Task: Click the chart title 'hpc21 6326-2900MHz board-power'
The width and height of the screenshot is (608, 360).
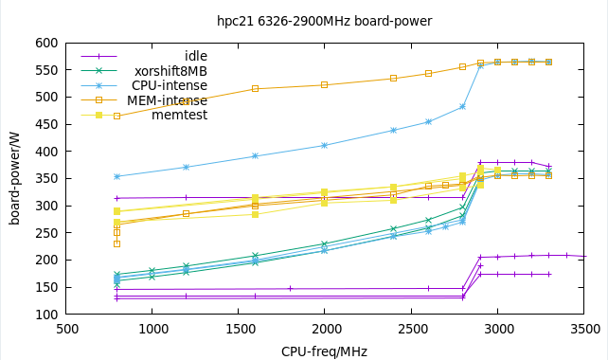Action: coord(324,20)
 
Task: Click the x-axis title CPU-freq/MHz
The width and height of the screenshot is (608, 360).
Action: coord(326,351)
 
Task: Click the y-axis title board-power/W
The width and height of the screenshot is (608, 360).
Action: coord(14,178)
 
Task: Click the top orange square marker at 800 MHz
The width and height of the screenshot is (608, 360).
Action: coord(117,116)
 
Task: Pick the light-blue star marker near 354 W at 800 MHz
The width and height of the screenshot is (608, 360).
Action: coord(117,176)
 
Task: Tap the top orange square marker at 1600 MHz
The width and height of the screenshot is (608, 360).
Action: coord(255,89)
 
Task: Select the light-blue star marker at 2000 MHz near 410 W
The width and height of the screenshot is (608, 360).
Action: coord(325,145)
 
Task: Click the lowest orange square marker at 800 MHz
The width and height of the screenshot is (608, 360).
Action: coord(117,243)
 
